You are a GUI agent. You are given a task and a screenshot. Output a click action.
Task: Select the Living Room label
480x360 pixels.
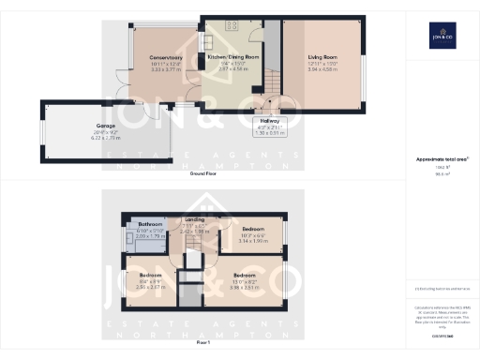pos(322,57)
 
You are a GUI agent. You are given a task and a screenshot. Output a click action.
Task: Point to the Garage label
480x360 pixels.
pos(105,125)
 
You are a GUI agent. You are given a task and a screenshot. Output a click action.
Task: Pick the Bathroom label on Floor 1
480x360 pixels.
pos(152,225)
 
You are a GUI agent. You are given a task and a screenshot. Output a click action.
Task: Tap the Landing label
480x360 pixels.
pos(194,219)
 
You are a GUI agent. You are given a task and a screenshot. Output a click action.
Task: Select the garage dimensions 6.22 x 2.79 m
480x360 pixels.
pos(105,137)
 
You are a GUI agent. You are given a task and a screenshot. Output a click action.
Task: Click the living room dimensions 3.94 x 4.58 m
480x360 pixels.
pos(322,69)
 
